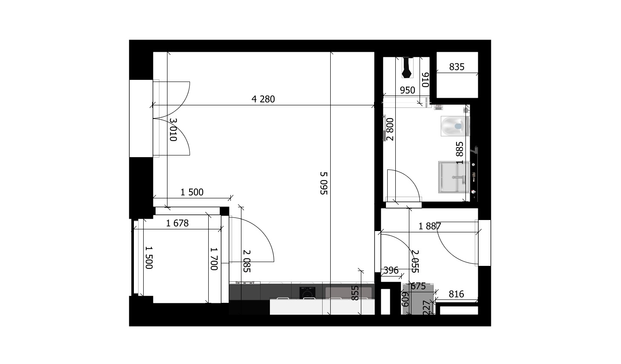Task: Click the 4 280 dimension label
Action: [x=263, y=99]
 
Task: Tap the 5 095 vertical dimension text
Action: [x=324, y=183]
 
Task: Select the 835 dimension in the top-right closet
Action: [x=457, y=67]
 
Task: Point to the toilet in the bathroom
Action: [x=455, y=126]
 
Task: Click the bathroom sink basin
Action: [x=454, y=177]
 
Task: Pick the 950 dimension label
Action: [x=407, y=90]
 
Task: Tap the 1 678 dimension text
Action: [x=177, y=223]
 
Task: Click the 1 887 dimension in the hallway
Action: [x=429, y=226]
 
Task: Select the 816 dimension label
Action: [x=456, y=294]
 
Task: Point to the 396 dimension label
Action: [x=391, y=270]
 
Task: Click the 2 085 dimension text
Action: [x=247, y=261]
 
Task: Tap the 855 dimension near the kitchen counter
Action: [x=355, y=293]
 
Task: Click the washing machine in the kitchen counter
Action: [x=307, y=293]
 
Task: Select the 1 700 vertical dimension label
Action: [x=214, y=259]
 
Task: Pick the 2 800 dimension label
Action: [x=390, y=130]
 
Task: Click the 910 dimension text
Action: [x=425, y=80]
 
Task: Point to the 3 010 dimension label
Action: [x=173, y=130]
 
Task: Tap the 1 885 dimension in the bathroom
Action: [x=459, y=153]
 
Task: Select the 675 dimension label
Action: [x=418, y=286]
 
